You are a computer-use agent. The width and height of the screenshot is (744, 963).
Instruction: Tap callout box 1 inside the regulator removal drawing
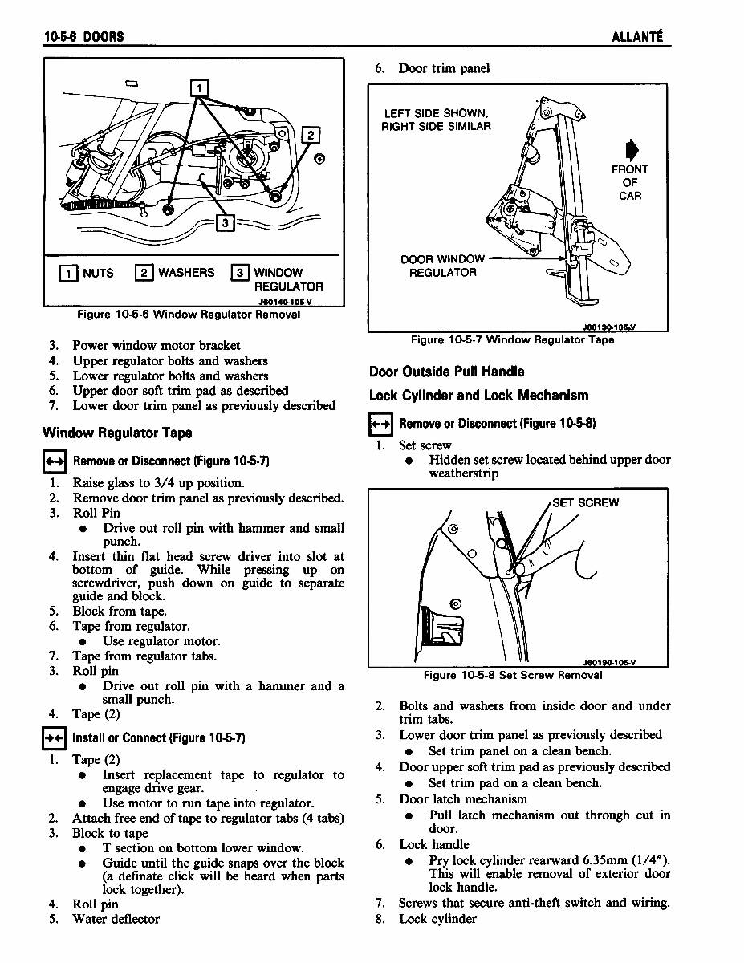click(200, 87)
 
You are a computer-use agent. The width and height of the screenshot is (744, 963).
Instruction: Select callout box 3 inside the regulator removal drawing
click(226, 222)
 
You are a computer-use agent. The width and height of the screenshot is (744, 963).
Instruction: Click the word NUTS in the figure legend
click(98, 273)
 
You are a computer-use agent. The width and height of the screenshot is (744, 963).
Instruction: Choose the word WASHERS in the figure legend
click(186, 273)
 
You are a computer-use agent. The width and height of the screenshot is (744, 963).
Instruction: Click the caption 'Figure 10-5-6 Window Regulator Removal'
click(189, 315)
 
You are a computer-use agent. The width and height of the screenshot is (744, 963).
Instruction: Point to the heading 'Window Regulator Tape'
click(117, 433)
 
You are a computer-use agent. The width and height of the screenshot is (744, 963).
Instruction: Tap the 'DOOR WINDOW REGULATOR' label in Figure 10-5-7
click(442, 266)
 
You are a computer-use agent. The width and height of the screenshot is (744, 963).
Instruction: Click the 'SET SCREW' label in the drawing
click(585, 503)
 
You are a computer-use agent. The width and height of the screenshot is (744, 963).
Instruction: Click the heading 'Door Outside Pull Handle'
click(446, 372)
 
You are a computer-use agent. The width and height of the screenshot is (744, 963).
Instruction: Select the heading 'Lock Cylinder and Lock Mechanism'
click(478, 396)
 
